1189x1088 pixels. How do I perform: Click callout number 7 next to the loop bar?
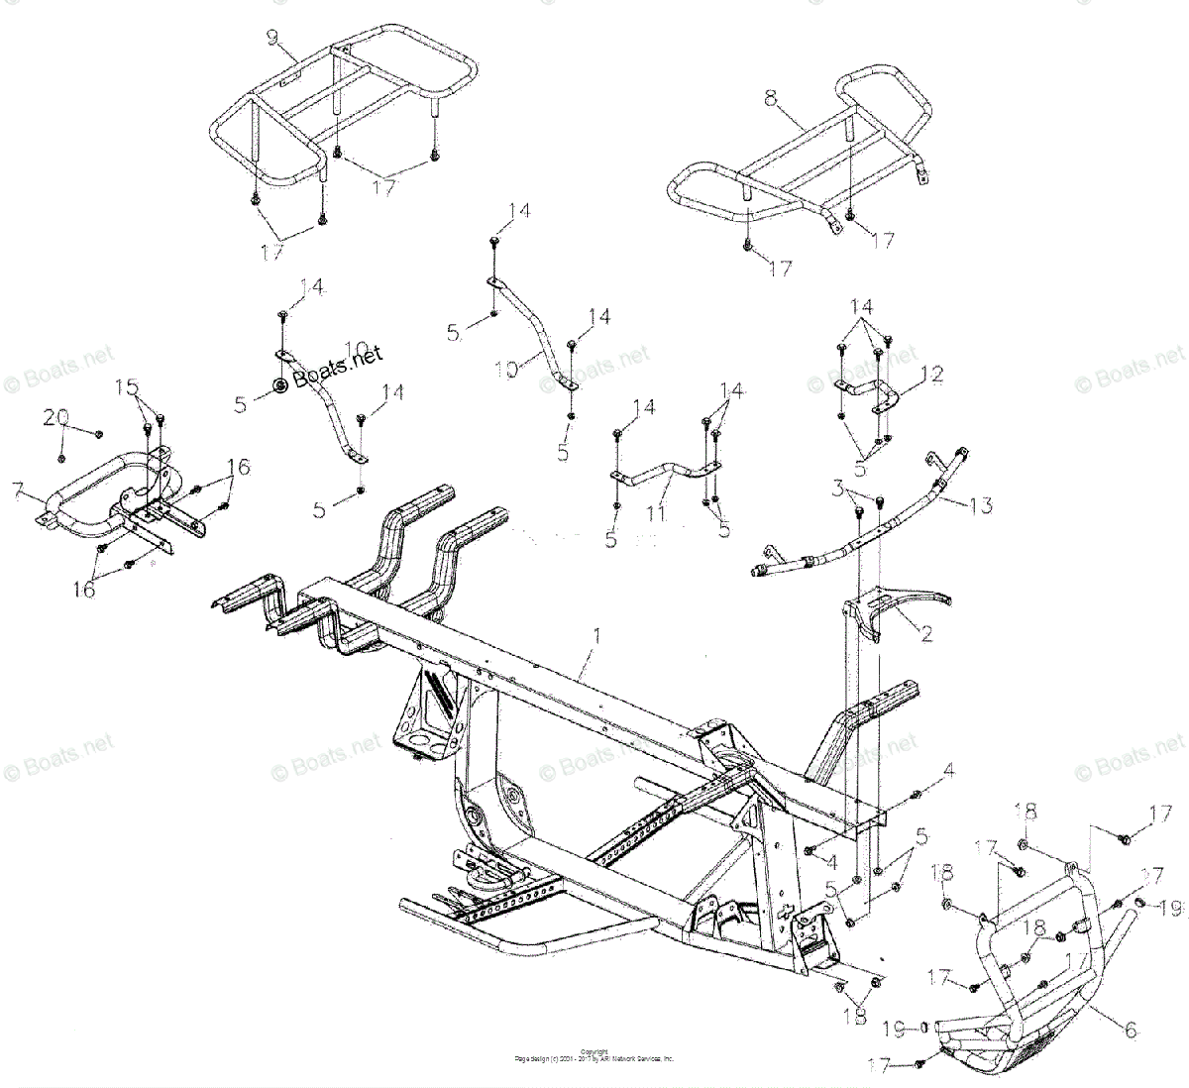(x=15, y=488)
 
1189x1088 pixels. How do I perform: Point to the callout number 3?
(x=838, y=487)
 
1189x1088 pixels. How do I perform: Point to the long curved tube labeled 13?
(x=852, y=535)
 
